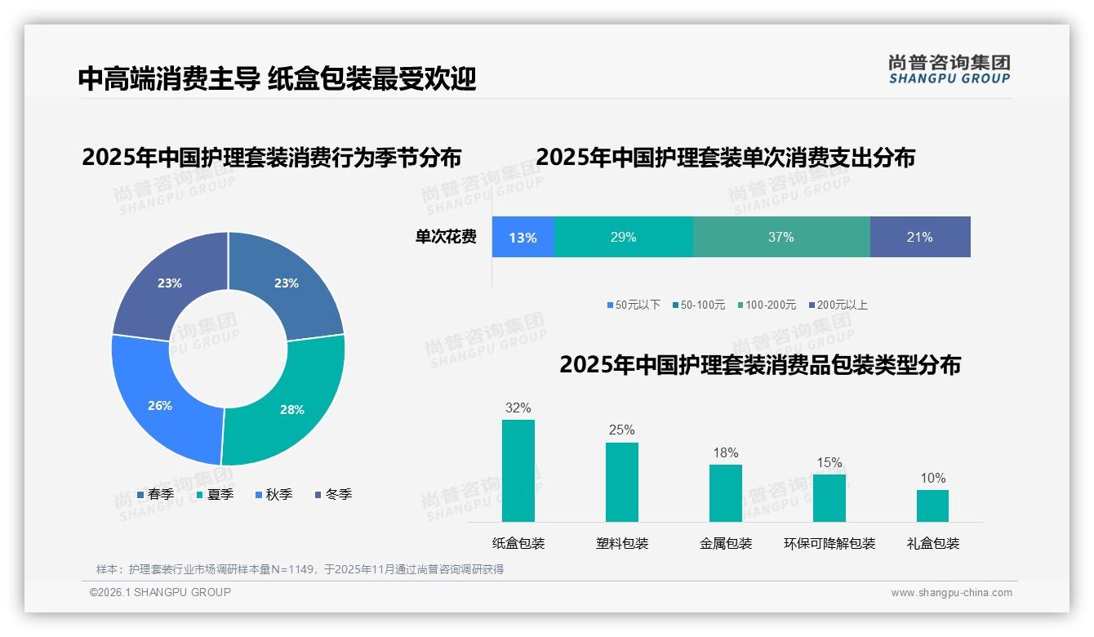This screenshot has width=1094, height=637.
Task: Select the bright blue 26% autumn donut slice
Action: (x=161, y=404)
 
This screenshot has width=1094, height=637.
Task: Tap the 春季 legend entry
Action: (x=155, y=494)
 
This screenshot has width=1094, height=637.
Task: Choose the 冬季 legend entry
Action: (x=333, y=494)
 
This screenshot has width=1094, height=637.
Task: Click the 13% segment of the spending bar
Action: (x=523, y=238)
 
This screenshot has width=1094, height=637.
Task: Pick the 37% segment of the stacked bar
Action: (x=781, y=238)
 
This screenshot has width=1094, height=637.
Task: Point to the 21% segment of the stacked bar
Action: (x=920, y=238)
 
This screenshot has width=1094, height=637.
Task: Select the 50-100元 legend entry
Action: (x=699, y=305)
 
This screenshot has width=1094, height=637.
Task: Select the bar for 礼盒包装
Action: (x=932, y=506)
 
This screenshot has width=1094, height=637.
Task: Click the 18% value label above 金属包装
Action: (x=725, y=452)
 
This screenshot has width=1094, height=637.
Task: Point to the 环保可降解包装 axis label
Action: (x=829, y=543)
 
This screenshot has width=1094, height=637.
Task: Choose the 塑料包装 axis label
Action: (x=622, y=543)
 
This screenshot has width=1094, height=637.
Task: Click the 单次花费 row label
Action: (x=446, y=238)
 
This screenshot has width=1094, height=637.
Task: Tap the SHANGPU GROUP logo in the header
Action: (x=949, y=69)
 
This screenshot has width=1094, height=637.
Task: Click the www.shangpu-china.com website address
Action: (x=951, y=593)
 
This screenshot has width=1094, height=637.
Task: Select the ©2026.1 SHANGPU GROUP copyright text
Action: (x=160, y=592)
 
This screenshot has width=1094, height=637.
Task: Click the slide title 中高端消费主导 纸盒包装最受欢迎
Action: (x=277, y=78)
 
